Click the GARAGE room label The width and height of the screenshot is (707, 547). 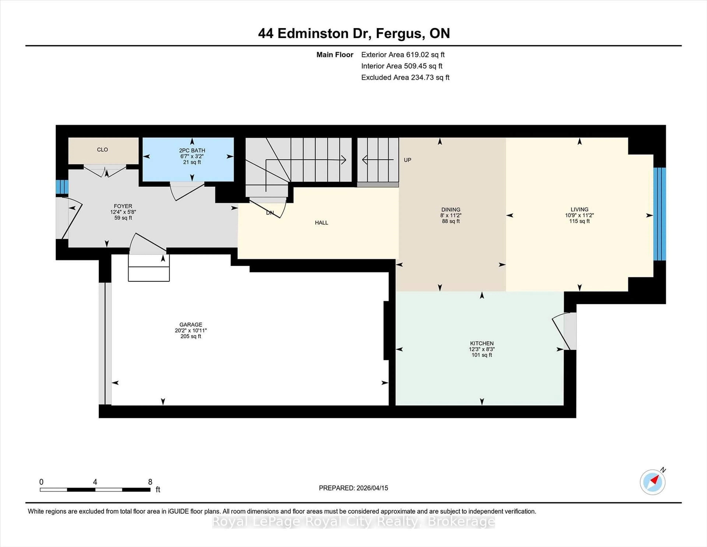click(191, 324)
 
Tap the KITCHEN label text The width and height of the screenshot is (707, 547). click(482, 343)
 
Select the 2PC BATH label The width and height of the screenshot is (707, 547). click(192, 150)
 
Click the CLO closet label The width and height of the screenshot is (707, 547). click(102, 150)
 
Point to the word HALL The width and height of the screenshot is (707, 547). click(321, 223)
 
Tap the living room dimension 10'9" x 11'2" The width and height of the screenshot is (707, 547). click(579, 215)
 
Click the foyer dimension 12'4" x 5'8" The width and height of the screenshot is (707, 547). click(123, 212)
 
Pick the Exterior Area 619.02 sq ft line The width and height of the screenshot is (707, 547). click(403, 55)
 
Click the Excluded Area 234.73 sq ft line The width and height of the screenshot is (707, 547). click(405, 77)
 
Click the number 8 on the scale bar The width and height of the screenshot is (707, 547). click(150, 482)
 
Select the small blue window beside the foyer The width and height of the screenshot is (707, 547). click(62, 187)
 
